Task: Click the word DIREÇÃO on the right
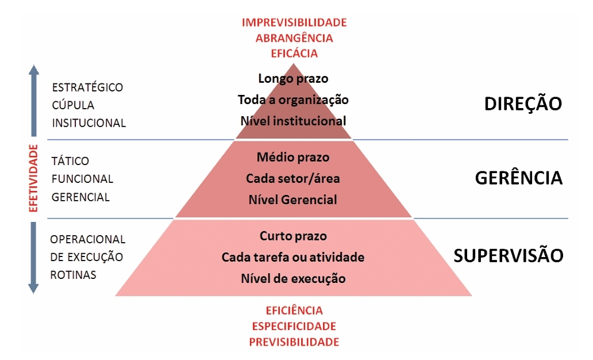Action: coord(522,104)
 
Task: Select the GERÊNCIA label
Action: coord(518,178)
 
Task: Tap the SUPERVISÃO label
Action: coord(509,255)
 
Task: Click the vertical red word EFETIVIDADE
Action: coord(33,178)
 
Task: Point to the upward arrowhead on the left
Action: coord(33,71)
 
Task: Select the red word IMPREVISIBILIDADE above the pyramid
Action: coord(294,23)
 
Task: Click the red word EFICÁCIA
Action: coord(294,53)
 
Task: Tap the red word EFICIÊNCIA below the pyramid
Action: coord(294,311)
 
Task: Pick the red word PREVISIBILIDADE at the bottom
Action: coord(294,342)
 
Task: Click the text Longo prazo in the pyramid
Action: coord(293,78)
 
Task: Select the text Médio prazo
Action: coord(293,156)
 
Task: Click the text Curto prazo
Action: coord(293,236)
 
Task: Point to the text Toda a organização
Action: coord(293,99)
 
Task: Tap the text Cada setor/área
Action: coord(293,178)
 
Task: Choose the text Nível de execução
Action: coord(293,279)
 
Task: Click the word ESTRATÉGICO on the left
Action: coord(87,87)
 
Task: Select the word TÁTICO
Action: coord(70,161)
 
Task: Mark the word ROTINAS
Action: coord(73,275)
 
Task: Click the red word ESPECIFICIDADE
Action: coord(294,327)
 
